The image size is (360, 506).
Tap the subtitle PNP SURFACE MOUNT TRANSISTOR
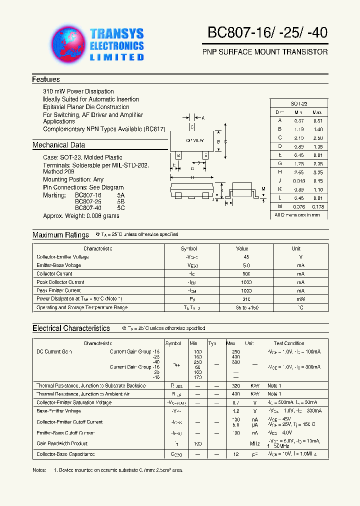tap(265, 52)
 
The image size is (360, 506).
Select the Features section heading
tap(46, 79)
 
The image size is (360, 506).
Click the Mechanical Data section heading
tap(58, 145)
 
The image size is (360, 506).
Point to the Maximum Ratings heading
tap(60, 235)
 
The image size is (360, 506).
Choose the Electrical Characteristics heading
tap(71, 328)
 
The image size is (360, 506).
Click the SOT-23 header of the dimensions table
tap(299, 103)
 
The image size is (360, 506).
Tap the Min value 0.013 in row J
tap(298, 180)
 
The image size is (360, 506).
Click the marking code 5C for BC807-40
tap(121, 207)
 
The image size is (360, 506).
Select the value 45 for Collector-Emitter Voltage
tap(245, 257)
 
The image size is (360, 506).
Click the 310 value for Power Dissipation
tap(245, 299)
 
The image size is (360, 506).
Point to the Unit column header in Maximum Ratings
tap(296, 248)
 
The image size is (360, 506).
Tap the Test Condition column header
tap(289, 343)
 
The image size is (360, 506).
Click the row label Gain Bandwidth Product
tap(62, 443)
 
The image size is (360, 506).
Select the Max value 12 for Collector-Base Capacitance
tap(236, 454)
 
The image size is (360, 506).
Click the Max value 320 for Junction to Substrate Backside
tap(236, 386)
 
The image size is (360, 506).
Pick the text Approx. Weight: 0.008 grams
tap(81, 216)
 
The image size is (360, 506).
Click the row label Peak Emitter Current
tap(58, 290)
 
